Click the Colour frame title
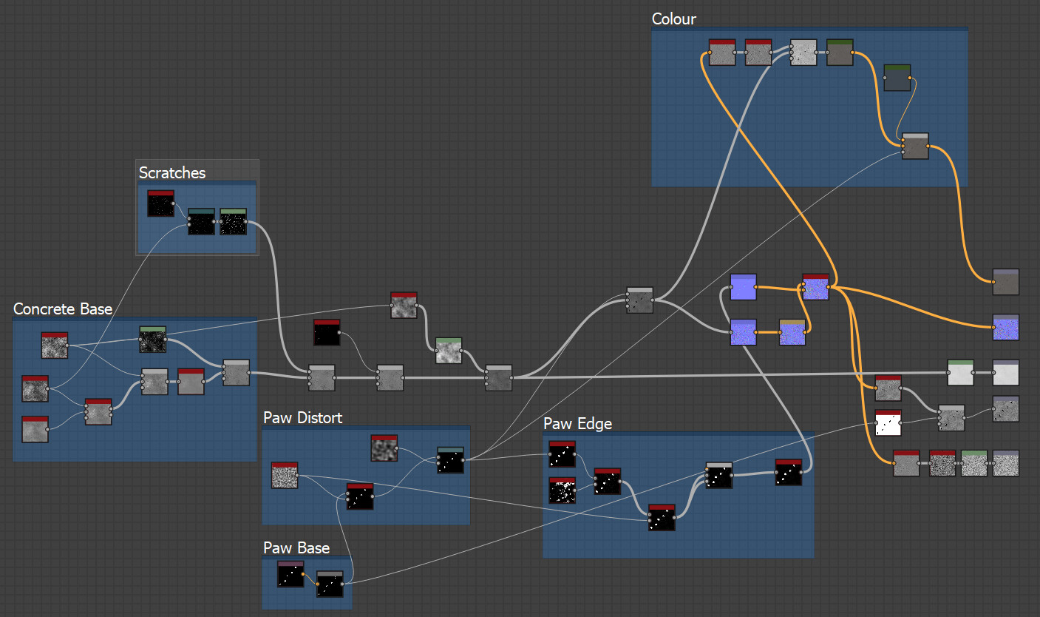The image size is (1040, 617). click(x=673, y=19)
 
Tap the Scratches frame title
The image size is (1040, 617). click(x=172, y=173)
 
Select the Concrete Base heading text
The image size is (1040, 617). click(x=63, y=309)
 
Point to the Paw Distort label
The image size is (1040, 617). click(x=303, y=418)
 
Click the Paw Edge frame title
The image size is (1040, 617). click(x=577, y=424)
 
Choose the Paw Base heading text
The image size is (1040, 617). click(x=296, y=548)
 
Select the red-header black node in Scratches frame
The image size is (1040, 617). click(x=160, y=203)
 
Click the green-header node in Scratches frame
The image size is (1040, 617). click(x=233, y=222)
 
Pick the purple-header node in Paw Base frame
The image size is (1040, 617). click(x=290, y=574)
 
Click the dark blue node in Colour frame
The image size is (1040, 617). click(x=897, y=78)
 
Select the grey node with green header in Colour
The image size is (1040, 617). click(x=840, y=53)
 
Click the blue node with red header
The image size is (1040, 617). click(x=815, y=287)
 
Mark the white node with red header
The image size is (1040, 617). click(x=888, y=423)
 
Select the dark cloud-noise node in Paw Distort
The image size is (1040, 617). click(x=384, y=448)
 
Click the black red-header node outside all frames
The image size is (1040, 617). click(x=327, y=333)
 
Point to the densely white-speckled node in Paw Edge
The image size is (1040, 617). click(x=562, y=490)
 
